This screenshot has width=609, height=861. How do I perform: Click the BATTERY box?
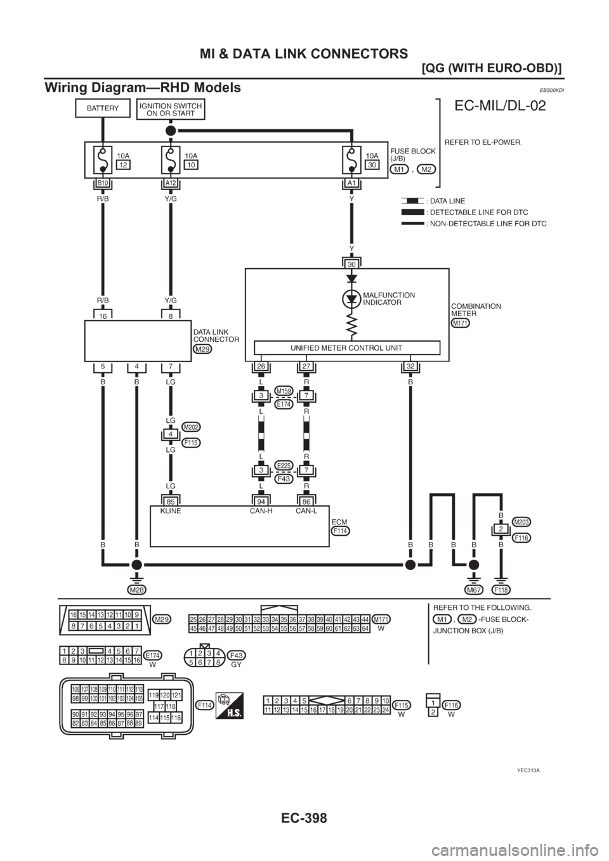pos(103,108)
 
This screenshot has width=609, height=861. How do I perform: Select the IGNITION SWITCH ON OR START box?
pos(171,109)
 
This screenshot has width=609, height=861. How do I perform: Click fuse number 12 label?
pos(123,165)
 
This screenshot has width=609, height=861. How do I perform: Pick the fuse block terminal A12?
pos(171,183)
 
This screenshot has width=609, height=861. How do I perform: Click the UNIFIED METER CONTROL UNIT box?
pos(346,347)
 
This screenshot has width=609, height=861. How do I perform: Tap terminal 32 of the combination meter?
pos(410,366)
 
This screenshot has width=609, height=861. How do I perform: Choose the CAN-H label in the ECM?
pos(261,510)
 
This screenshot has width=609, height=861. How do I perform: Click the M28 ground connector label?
pos(135,590)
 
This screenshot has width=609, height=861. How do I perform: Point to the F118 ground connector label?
pos(501,590)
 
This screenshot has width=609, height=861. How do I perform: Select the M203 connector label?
pos(521,521)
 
